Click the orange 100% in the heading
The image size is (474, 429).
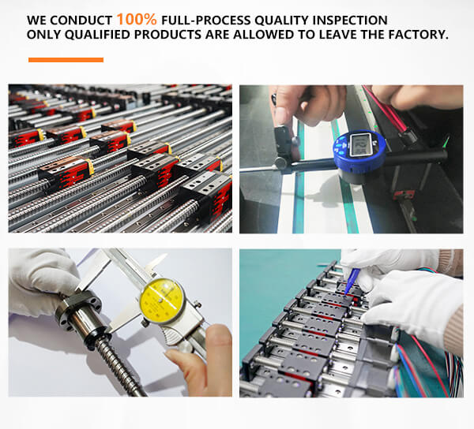click(137, 20)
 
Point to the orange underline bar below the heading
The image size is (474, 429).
click(66, 60)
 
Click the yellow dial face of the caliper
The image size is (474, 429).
click(162, 300)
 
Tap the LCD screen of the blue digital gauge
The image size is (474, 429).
click(360, 145)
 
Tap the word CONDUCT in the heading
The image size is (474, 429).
click(81, 21)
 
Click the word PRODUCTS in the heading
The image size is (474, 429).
click(167, 35)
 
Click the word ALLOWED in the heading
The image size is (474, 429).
click(264, 35)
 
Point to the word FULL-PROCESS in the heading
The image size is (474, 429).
click(206, 21)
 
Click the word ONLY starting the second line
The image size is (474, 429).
click(43, 35)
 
